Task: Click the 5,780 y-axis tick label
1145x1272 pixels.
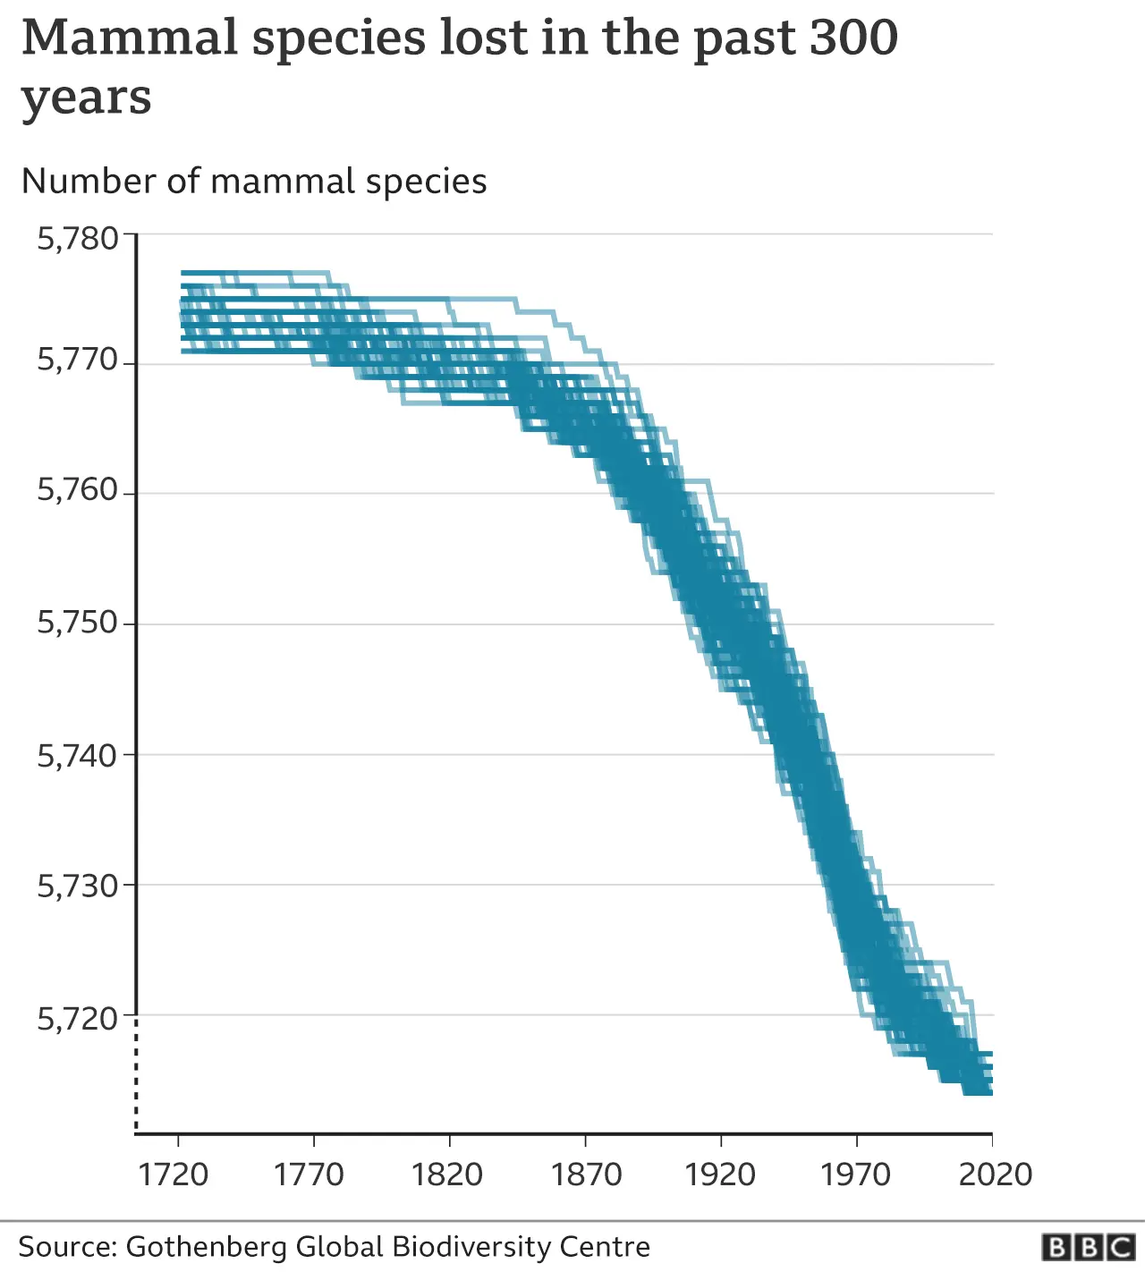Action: [x=78, y=239]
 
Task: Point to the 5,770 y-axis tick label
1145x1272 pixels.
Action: [x=78, y=360]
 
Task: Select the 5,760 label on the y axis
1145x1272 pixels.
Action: [x=78, y=490]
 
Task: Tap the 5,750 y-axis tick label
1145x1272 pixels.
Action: [x=78, y=623]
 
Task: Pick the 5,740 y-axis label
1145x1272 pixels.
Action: [x=78, y=756]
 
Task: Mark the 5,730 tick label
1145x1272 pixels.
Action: [x=78, y=886]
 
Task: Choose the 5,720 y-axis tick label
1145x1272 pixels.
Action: [x=78, y=1018]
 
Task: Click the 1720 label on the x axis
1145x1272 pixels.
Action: [x=174, y=1174]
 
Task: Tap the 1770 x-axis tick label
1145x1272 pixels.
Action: [x=310, y=1174]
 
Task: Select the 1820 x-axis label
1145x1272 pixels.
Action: [x=447, y=1174]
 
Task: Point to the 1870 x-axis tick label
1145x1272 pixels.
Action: [x=586, y=1174]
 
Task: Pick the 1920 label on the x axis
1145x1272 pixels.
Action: [x=720, y=1174]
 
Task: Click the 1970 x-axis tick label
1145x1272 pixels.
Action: [x=856, y=1174]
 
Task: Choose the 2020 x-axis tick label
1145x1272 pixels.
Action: [x=995, y=1174]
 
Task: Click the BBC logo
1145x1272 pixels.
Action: [x=1089, y=1247]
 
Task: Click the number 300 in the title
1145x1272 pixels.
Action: [x=853, y=38]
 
